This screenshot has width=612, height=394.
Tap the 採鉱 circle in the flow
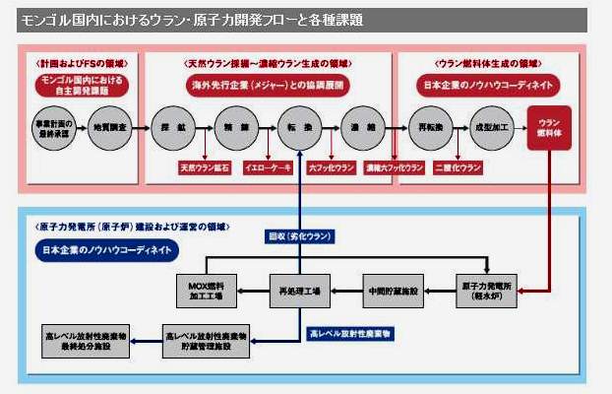(x=169, y=128)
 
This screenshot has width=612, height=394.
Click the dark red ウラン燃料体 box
(x=548, y=128)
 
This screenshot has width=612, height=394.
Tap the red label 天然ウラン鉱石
(x=202, y=167)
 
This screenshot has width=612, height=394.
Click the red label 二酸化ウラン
(x=459, y=167)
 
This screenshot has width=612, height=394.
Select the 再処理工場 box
(x=300, y=291)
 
